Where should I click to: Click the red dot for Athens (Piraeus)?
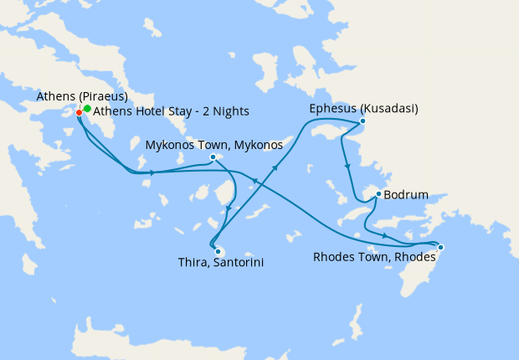coord(79,111)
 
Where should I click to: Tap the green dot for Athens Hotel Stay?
coord(87,109)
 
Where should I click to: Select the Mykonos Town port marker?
coord(213,157)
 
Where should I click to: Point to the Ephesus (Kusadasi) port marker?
coord(362,121)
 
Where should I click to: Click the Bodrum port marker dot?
coord(378,194)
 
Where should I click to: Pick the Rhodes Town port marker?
coord(441,247)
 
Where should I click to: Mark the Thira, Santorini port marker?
coord(217,250)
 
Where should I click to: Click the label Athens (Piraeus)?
coord(81,96)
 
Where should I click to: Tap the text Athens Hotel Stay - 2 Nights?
coord(171,111)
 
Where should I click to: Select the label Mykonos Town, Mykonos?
coord(213,145)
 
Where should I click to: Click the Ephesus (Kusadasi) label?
coord(363,108)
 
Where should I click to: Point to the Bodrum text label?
coord(406,195)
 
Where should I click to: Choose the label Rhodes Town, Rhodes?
coord(375,257)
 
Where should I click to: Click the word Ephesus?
coord(331,108)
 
